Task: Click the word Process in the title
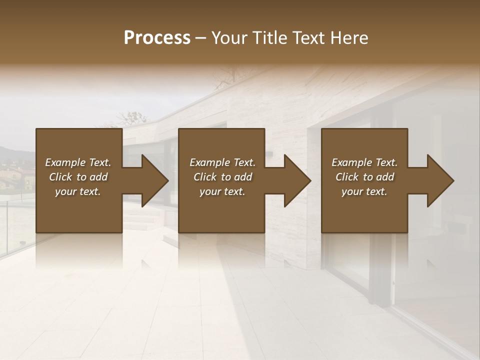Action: [x=157, y=38]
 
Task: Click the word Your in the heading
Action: [x=229, y=38]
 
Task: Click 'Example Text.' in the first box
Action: [x=78, y=162]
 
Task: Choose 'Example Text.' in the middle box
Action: [x=222, y=162]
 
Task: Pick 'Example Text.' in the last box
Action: [x=364, y=162]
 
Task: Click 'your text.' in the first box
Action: [x=78, y=191]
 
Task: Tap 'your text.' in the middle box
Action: [x=222, y=191]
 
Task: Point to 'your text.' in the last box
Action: [x=364, y=191]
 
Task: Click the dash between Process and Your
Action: [x=200, y=38]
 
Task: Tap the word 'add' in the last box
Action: [x=385, y=177]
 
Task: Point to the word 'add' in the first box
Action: [x=98, y=177]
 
